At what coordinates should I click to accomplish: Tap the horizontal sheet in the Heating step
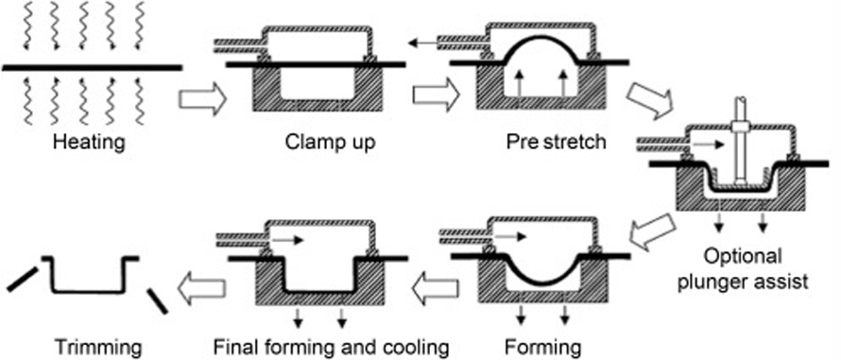(x=91, y=68)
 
